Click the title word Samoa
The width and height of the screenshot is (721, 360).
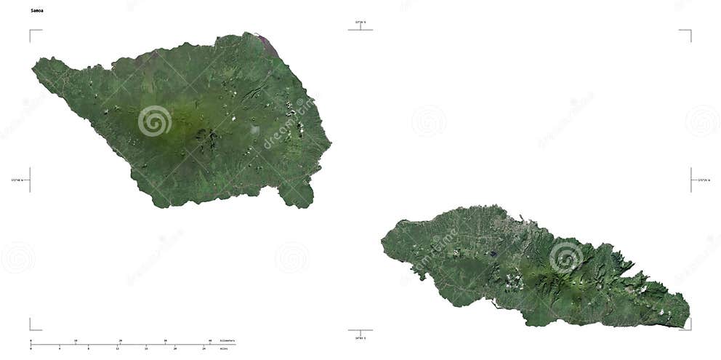point(36,11)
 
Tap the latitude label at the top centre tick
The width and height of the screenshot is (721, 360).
point(360,23)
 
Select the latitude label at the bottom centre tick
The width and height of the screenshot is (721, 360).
point(360,338)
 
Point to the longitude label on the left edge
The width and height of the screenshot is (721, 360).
point(17,180)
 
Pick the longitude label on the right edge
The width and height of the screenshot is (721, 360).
point(704,180)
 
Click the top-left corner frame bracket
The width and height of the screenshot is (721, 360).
point(31,32)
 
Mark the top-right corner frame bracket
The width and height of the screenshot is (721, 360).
point(689,32)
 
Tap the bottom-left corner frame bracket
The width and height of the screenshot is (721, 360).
point(31,328)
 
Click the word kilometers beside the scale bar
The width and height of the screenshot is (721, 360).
point(227,340)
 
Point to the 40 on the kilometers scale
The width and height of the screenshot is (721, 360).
point(211,340)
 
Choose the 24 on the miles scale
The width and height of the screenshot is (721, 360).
point(204,348)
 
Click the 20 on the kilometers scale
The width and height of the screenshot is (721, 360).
point(121,340)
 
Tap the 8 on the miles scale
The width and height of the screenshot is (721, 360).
point(89,348)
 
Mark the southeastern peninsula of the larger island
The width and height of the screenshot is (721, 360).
point(298,194)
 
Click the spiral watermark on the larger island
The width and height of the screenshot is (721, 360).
point(154,121)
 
